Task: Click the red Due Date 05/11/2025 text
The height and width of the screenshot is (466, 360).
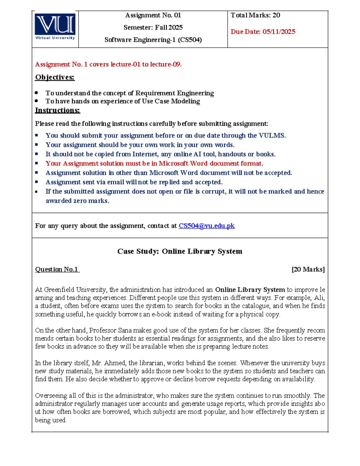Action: [x=263, y=32]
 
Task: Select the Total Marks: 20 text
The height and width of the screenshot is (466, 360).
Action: [x=255, y=15]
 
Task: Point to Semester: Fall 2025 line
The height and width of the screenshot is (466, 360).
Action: [x=153, y=28]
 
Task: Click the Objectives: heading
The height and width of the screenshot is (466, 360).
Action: [x=55, y=77]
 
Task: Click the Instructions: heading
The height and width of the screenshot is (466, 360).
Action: [x=58, y=110]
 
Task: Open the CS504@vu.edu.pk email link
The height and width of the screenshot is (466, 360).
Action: [x=206, y=226]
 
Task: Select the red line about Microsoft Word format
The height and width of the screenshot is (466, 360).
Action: [x=154, y=164]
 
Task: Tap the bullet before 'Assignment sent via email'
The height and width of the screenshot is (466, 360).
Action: [x=37, y=182]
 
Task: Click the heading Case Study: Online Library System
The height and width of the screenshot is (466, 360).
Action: [x=180, y=251]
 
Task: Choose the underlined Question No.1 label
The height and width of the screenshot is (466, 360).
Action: [x=57, y=269]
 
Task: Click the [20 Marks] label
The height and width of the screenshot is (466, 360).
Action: [x=308, y=269]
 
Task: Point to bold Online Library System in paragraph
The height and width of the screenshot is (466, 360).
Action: [x=250, y=290]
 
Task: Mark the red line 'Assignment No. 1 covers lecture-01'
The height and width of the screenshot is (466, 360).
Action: [x=108, y=65]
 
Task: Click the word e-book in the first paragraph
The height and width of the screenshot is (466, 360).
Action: [x=161, y=314]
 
